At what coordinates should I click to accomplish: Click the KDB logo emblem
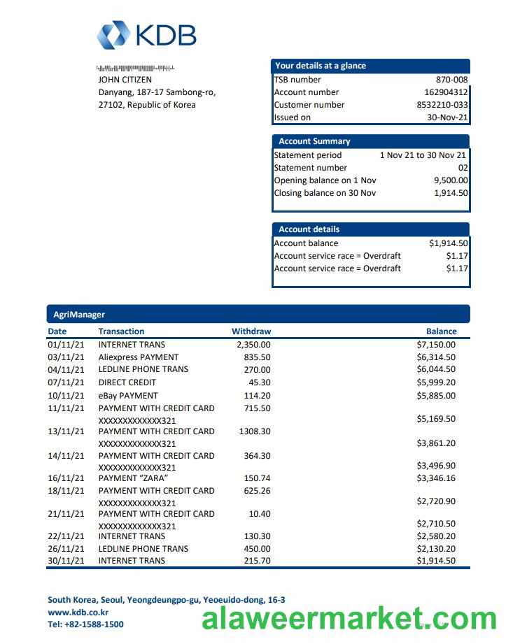coord(113,36)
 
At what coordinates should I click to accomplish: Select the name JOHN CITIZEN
coord(125,80)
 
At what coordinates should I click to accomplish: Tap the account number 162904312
coord(446,92)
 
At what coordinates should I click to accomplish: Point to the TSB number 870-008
coord(451,80)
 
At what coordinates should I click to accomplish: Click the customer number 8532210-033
coord(442,105)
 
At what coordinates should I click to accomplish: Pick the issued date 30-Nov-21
coord(447,117)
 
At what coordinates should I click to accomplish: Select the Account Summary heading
coord(314,141)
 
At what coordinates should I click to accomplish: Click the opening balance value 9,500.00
coord(451,180)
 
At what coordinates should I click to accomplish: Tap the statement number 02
coord(463,168)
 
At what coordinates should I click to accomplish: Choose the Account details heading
coord(309,229)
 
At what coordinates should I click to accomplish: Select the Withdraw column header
coord(251,331)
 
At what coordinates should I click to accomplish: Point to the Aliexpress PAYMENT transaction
coord(139,357)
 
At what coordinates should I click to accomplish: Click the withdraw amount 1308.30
coord(255,431)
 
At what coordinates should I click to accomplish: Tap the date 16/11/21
coord(66,478)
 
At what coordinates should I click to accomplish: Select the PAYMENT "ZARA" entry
coord(133,478)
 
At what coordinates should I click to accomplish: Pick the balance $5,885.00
coord(436,396)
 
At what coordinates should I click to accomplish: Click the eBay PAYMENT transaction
coord(128,396)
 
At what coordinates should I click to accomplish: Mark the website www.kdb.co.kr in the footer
coord(78,612)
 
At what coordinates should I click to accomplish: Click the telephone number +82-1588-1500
coord(94,624)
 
